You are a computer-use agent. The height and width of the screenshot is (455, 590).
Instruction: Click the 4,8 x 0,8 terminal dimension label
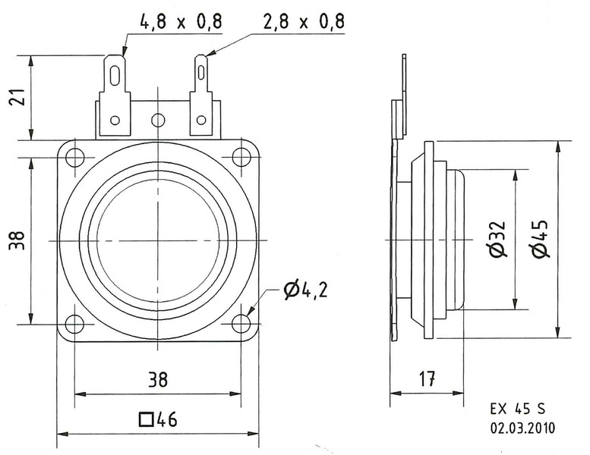(x=180, y=22)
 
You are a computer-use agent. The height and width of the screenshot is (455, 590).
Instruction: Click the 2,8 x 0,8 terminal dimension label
(x=304, y=22)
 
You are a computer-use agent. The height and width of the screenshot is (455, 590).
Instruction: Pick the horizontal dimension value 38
(x=157, y=378)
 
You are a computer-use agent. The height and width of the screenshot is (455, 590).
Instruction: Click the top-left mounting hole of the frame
(x=74, y=158)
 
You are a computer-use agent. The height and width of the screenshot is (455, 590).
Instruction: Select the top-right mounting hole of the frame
(x=241, y=158)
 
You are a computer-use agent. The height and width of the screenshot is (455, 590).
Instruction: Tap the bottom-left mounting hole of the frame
(x=74, y=324)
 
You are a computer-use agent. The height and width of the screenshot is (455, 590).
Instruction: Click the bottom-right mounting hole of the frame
(x=241, y=324)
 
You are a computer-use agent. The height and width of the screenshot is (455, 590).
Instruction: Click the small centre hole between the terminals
(x=158, y=120)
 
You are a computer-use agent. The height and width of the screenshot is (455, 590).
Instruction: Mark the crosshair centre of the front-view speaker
(x=158, y=241)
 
